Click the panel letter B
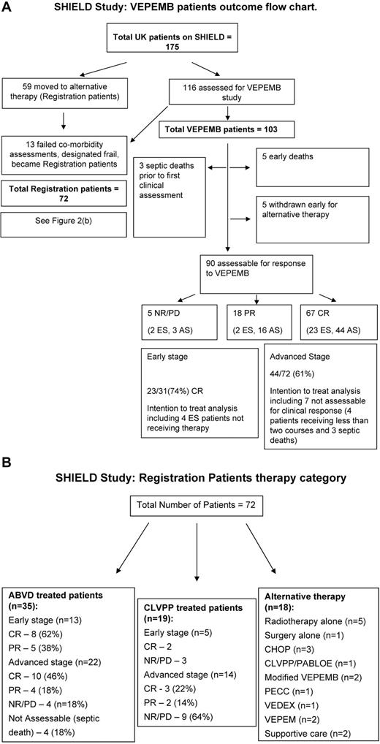(x=8, y=464)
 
